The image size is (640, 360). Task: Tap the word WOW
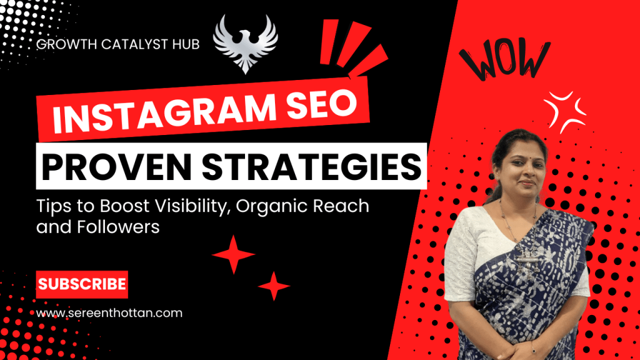coord(502,59)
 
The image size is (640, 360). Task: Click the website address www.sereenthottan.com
coord(110,313)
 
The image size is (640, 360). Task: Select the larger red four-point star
coord(234,254)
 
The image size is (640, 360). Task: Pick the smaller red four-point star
coord(274,286)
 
